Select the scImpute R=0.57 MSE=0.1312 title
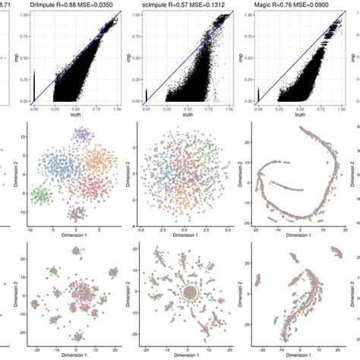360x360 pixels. tap(180, 5)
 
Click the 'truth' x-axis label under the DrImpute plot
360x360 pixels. tap(69, 115)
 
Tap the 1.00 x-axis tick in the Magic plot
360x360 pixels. tap(339, 109)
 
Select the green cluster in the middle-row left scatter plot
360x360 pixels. tap(43, 194)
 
